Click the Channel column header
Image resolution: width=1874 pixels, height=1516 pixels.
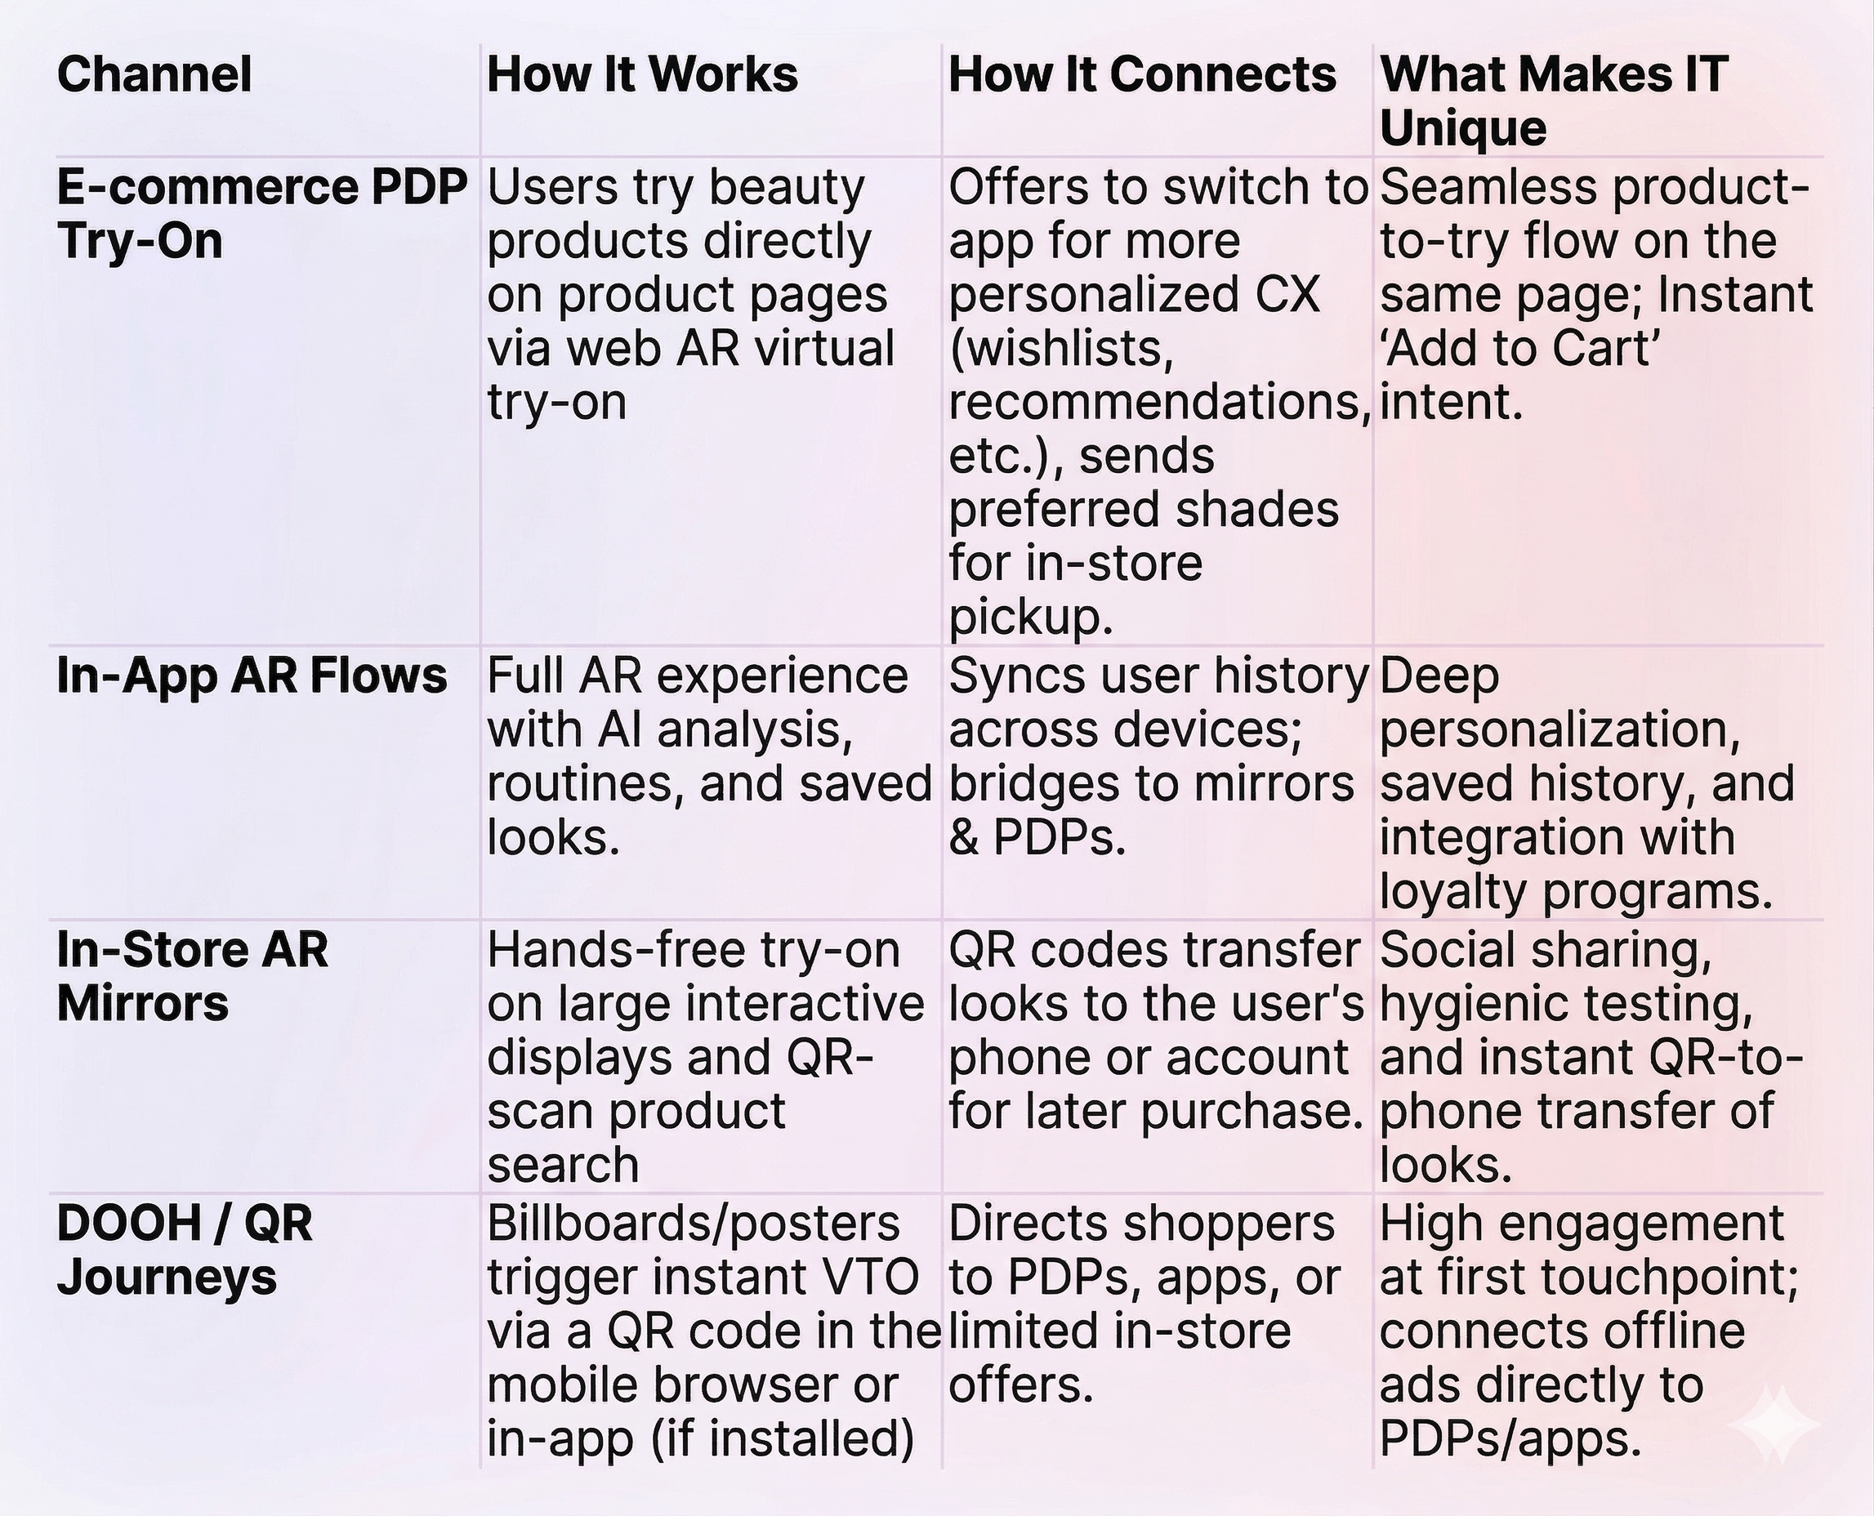coord(154,74)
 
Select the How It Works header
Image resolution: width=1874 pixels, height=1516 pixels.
coord(642,74)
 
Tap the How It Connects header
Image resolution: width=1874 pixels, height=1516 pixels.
coord(1142,74)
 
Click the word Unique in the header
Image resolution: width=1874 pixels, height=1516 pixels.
coord(1463,128)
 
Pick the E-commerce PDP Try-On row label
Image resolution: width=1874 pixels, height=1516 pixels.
coord(261,213)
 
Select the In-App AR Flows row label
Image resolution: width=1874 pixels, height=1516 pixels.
coord(252,676)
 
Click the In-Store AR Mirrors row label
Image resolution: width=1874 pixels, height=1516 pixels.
coord(192,975)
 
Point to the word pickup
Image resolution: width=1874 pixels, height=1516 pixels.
coord(1030,618)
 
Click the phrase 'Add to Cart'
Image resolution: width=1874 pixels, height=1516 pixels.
coord(1520,350)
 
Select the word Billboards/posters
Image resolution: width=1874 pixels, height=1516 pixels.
coord(694,1224)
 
